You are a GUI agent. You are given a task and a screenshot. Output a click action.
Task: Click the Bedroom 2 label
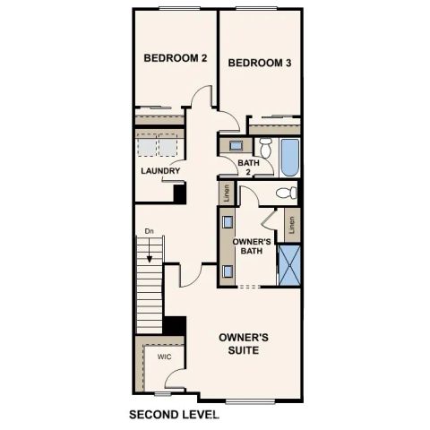coord(176,58)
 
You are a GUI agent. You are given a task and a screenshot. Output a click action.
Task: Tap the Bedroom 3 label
coord(259,63)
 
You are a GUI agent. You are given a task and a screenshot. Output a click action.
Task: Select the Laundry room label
coord(160,170)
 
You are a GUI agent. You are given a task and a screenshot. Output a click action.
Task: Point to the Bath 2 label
coord(249,168)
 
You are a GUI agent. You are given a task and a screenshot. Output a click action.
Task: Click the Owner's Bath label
coord(252,247)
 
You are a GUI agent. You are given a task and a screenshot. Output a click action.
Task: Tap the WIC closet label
coord(164,357)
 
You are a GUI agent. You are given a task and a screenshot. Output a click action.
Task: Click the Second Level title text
coord(174,415)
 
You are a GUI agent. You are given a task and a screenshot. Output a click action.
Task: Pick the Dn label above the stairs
coord(150,231)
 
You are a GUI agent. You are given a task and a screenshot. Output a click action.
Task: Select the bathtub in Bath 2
coord(288,158)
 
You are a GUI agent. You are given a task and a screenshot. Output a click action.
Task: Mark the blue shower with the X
coord(288,262)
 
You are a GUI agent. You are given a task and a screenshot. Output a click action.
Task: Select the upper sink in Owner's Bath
coord(228,221)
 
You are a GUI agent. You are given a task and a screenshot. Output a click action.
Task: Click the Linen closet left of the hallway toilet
coord(227,192)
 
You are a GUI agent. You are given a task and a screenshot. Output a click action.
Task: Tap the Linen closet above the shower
coord(292,224)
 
